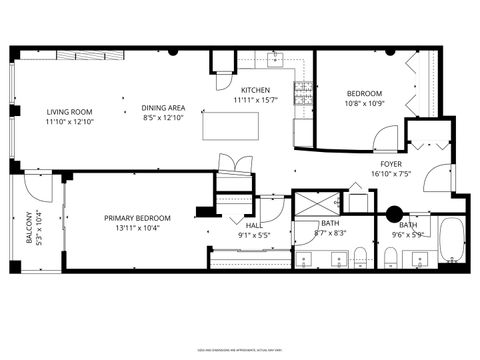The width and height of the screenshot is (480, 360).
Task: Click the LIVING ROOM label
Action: coord(68,112)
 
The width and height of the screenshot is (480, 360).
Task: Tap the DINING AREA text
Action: coord(163,107)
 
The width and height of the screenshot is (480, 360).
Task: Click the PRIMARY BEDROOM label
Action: coord(137,218)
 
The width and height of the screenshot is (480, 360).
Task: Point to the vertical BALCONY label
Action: coord(26,226)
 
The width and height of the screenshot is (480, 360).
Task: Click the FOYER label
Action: coord(391,163)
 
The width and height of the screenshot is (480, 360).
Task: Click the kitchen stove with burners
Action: coord(299,94)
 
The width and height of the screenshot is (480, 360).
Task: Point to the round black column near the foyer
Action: coord(394,212)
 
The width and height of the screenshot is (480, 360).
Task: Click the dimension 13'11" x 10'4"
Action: coord(137,228)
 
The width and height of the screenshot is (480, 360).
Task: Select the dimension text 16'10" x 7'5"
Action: coord(391,173)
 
